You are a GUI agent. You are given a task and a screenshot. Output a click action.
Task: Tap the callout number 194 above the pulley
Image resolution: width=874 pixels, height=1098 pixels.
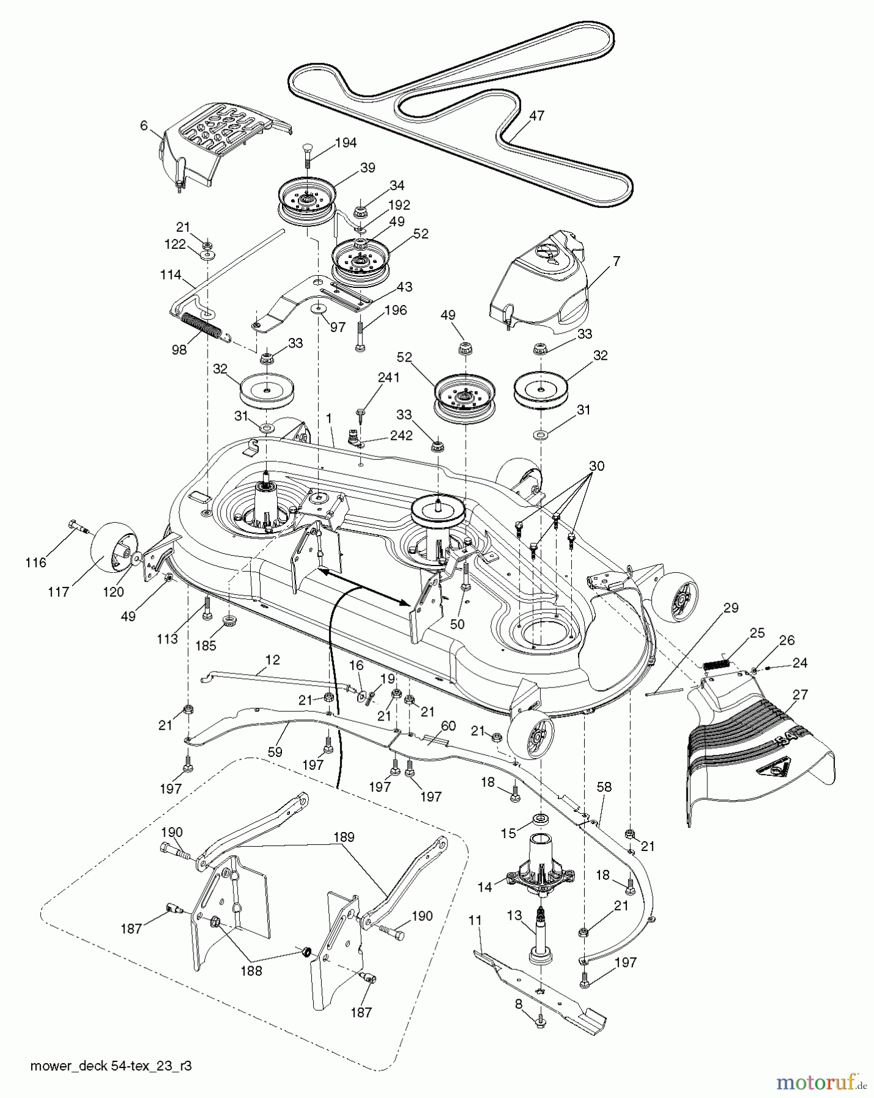pos(345,143)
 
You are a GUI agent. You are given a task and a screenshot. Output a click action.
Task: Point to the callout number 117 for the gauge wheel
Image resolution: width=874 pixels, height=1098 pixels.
pos(59,592)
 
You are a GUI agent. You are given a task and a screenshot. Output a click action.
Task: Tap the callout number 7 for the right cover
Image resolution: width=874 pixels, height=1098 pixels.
pos(616,261)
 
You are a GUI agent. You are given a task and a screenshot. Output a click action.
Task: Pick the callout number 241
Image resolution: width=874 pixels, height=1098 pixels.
pos(388,378)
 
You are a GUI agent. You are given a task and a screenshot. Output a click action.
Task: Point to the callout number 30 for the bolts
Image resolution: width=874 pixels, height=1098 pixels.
pos(596,466)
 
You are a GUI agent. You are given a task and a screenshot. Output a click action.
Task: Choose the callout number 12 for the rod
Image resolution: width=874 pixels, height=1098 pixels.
pos(272,659)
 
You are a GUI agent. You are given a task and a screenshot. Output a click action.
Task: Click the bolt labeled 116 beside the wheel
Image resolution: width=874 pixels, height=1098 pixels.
pos(78,526)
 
